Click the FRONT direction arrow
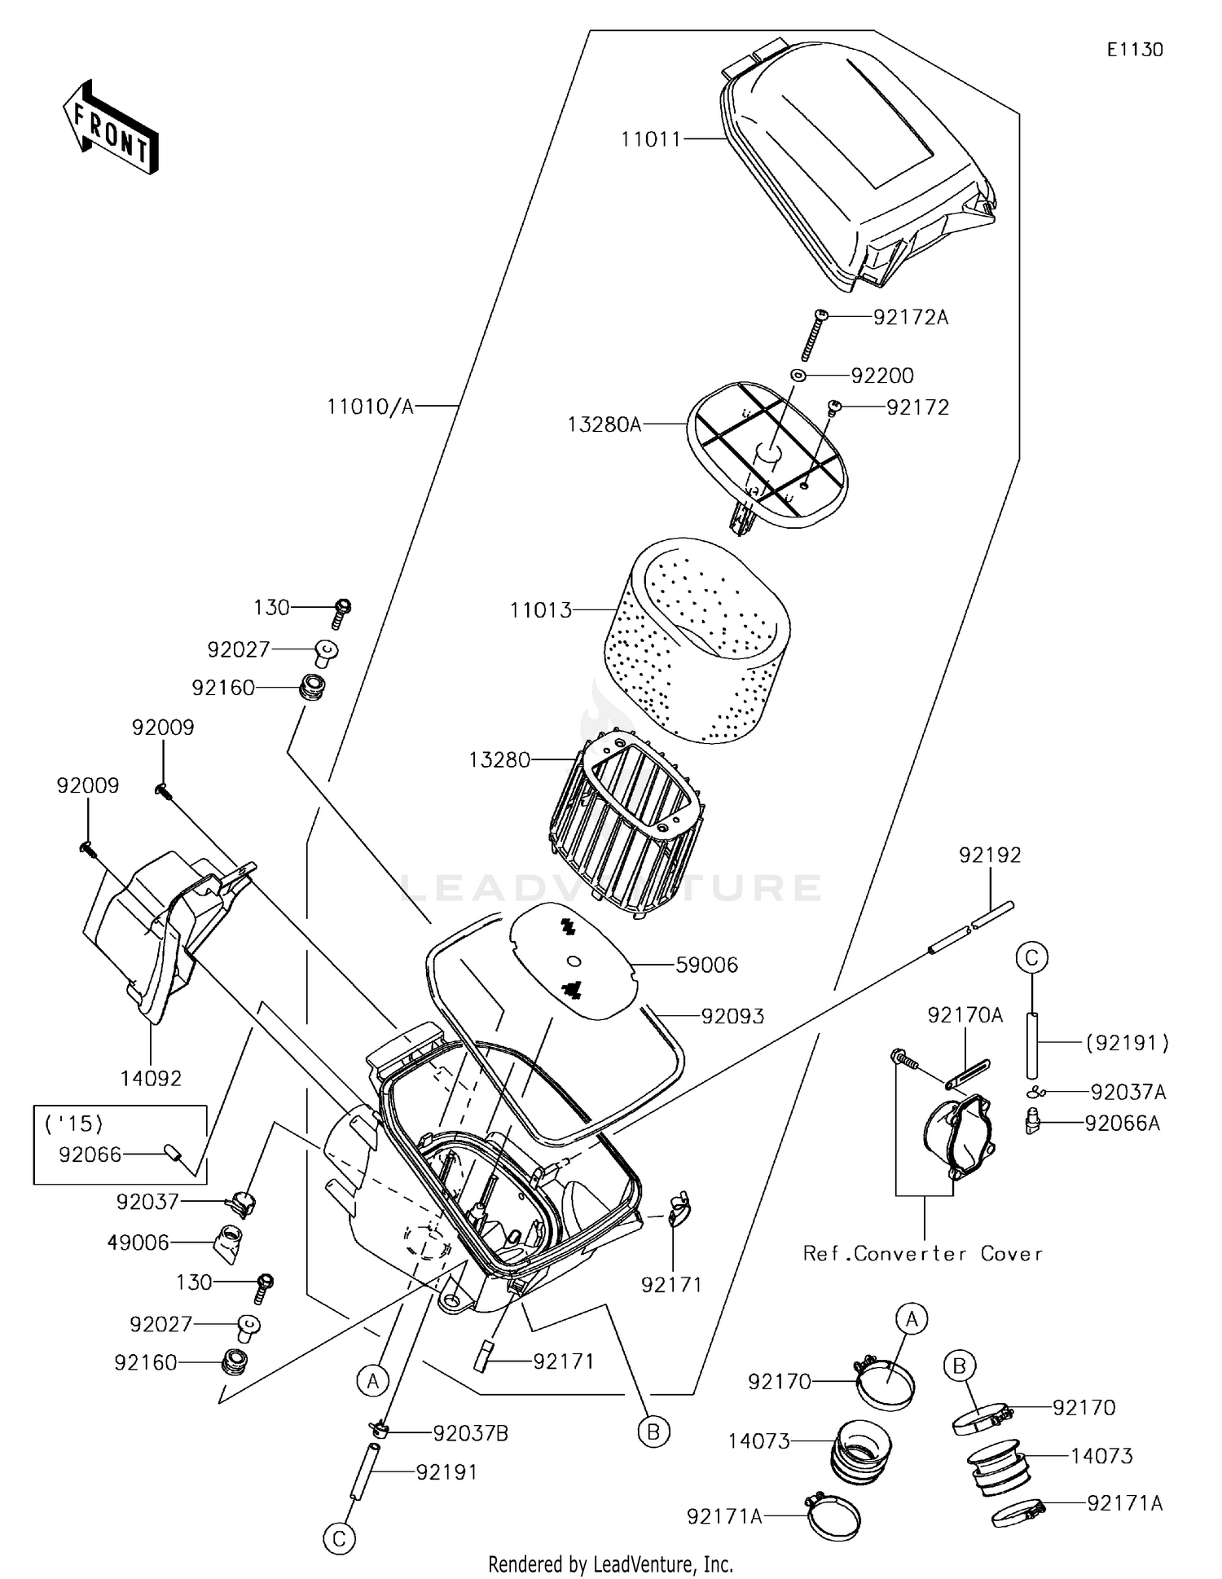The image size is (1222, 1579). tap(111, 127)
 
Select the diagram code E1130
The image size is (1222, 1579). tap(1134, 50)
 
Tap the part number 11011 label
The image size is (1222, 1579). tap(650, 139)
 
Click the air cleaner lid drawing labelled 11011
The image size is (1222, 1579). tap(855, 171)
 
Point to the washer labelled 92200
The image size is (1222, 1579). tap(798, 375)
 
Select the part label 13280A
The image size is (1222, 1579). tap(604, 424)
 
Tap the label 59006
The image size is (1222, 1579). tap(706, 965)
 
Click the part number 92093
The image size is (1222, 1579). tap(732, 1016)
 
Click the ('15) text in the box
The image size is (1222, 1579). tap(73, 1124)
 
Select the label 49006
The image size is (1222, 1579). tap(138, 1243)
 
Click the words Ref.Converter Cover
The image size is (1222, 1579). tap(922, 1254)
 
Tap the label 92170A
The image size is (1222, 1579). tap(965, 1015)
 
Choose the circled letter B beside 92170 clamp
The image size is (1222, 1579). tap(959, 1366)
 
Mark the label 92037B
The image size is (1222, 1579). tap(470, 1434)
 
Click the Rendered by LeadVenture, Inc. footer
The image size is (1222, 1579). tap(610, 1564)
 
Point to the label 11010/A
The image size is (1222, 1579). tap(371, 406)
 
